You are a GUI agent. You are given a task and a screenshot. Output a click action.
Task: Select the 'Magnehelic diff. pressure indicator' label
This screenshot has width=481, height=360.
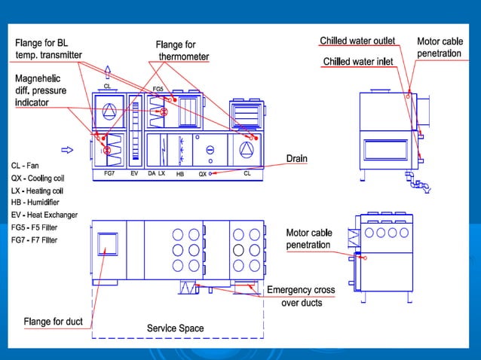pos(47,90)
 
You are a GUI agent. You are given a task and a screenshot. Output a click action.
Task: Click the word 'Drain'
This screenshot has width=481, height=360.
pos(296,159)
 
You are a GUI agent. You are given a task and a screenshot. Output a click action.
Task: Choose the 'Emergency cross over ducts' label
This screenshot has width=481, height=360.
pos(301,296)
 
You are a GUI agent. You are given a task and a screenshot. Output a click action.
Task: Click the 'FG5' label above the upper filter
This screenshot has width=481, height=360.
pos(158,89)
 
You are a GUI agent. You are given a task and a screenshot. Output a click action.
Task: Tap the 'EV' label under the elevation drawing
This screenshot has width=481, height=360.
pos(134,173)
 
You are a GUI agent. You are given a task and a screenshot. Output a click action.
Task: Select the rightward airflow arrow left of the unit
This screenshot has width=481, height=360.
pos(67,149)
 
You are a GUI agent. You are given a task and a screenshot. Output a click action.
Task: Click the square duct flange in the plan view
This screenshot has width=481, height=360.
pos(108,243)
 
